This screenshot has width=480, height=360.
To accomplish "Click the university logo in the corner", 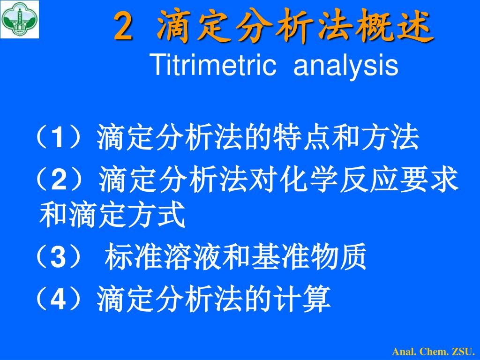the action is pyautogui.click(x=20, y=19).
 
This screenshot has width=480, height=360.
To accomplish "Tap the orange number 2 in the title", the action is pyautogui.click(x=124, y=27).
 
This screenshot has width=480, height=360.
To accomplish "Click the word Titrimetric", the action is pyautogui.click(x=214, y=65).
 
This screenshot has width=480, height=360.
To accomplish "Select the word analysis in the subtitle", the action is pyautogui.click(x=345, y=66).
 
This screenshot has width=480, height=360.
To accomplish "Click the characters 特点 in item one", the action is pyautogui.click(x=302, y=137).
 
